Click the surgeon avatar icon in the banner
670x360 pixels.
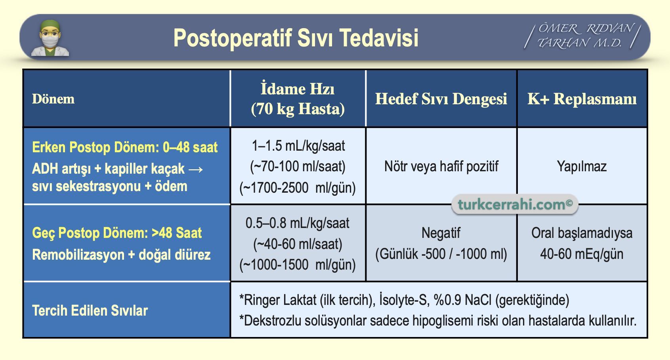pos(50,38)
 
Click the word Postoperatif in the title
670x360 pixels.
pos(233,38)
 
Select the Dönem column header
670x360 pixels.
pos(53,99)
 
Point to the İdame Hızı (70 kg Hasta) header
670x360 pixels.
pos(298,99)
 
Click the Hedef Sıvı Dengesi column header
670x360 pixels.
pos(441,99)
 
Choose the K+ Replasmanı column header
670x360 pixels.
pos(582,99)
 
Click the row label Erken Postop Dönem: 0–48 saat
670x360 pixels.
pos(125,147)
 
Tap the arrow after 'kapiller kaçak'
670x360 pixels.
pos(196,169)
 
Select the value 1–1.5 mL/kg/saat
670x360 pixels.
pos(298,146)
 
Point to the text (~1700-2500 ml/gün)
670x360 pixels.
pos(298,188)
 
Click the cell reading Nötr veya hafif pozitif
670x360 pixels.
pos(441,167)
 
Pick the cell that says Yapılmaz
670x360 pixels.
pos(582,167)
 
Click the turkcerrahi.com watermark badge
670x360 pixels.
pos(515,205)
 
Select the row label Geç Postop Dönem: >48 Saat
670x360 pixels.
pos(117,233)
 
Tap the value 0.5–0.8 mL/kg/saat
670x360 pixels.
pos(298,223)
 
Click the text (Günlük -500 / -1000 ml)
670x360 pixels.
pos(441,254)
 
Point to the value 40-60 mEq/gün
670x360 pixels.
pos(582,254)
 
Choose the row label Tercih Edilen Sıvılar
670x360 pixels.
pos(90,310)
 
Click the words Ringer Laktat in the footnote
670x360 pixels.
pos(280,300)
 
